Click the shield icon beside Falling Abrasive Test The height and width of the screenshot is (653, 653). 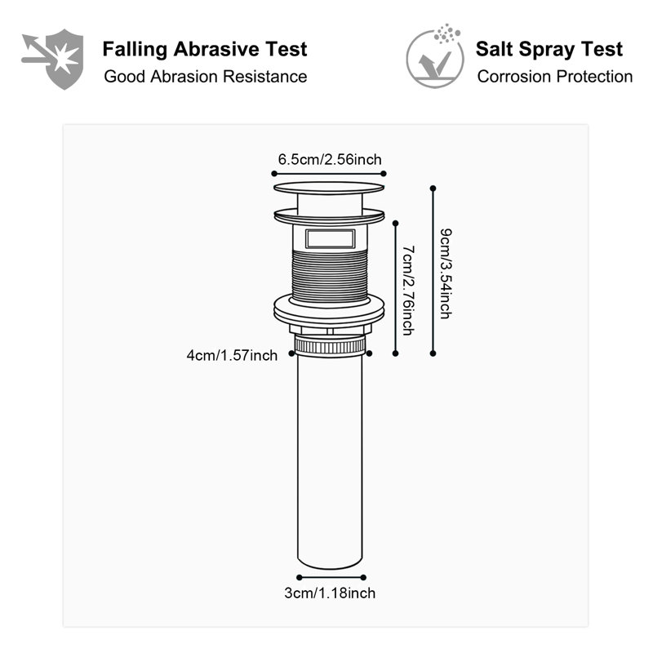tap(53, 59)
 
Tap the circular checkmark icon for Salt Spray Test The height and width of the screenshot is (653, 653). tap(435, 56)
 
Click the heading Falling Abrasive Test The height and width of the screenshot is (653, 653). tap(205, 50)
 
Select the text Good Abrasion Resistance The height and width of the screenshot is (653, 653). tap(206, 77)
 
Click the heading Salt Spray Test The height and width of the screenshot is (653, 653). tap(549, 49)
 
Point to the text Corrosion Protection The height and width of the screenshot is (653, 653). tap(555, 77)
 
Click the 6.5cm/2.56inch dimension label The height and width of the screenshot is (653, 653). tap(330, 159)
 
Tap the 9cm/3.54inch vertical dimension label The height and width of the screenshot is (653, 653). tap(446, 273)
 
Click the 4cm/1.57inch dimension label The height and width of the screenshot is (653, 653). tap(232, 356)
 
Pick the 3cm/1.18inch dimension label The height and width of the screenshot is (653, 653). tap(330, 593)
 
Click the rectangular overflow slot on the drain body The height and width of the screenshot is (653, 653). tap(331, 239)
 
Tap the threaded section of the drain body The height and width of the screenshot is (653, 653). tap(330, 275)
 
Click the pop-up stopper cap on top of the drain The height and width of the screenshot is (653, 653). tap(329, 188)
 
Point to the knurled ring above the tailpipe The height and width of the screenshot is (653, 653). tap(330, 345)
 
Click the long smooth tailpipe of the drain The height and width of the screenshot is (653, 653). tap(330, 460)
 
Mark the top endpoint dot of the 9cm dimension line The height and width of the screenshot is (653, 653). tap(433, 189)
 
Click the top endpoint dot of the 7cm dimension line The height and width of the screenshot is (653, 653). tap(396, 224)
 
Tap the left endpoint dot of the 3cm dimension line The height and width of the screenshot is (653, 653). tap(300, 577)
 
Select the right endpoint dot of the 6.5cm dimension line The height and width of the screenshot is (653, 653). tap(384, 174)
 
